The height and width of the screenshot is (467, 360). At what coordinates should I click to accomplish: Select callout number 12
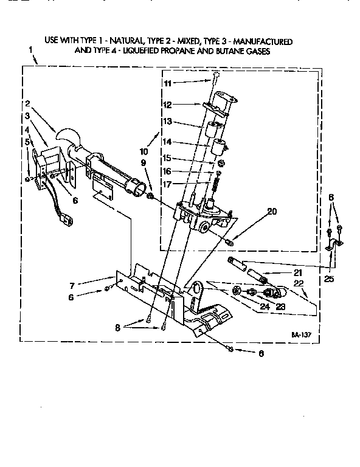click(167, 104)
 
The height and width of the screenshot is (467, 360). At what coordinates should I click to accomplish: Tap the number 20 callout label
click(272, 212)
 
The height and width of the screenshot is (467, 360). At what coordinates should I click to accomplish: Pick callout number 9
click(143, 162)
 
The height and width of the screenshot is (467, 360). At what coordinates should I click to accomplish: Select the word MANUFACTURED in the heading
click(263, 41)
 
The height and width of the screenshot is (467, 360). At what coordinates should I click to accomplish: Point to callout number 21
click(297, 272)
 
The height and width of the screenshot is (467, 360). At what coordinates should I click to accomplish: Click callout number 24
click(264, 306)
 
